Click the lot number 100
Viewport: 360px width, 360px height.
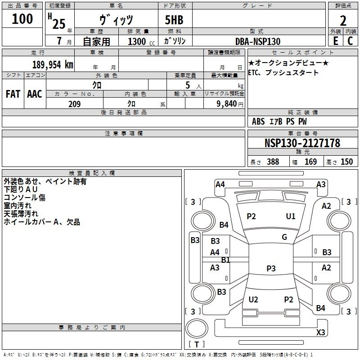[22, 18]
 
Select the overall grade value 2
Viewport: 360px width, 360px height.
[343, 21]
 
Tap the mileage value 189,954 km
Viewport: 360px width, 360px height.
[53, 64]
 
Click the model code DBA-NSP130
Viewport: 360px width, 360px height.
[258, 41]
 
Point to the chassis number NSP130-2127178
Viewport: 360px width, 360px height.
[302, 143]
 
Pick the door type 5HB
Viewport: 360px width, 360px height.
[174, 20]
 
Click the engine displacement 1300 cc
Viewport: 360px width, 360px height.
[141, 41]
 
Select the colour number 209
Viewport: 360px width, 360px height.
[74, 104]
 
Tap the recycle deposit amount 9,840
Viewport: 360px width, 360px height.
[227, 104]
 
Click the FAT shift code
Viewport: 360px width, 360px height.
[13, 94]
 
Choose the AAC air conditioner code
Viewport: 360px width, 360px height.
[35, 94]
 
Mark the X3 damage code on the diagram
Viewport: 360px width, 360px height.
[320, 333]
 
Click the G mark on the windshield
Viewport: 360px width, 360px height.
[284, 237]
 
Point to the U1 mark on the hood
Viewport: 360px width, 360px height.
[290, 216]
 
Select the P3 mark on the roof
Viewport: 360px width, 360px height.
[271, 268]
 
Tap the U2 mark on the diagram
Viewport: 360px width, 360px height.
[253, 299]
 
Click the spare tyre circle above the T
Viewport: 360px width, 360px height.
[197, 328]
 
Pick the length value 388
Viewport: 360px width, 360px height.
[273, 162]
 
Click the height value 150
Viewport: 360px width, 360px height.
[346, 162]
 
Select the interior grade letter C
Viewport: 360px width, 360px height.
[350, 41]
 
